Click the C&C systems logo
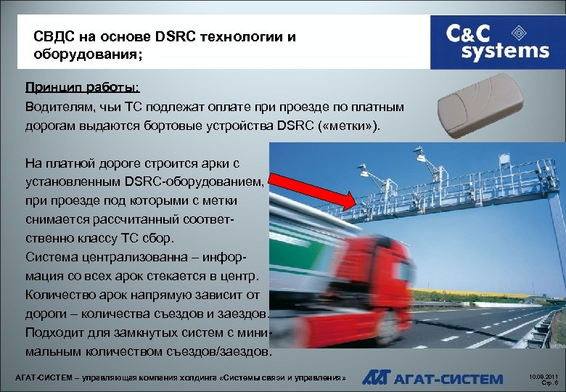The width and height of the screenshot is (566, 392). (x=497, y=42)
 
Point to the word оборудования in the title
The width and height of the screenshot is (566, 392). (x=81, y=54)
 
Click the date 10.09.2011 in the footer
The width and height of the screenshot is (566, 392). (x=543, y=375)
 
